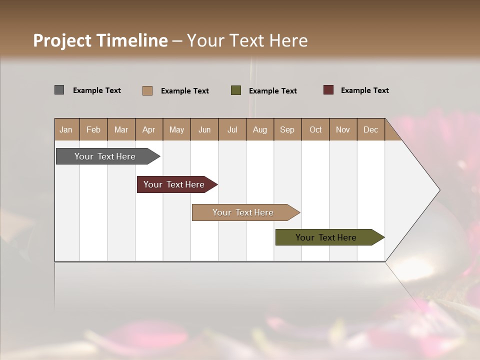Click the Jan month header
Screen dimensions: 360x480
66,129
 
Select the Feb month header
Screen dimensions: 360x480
93,129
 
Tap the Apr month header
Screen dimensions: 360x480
149,129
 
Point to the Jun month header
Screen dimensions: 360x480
204,129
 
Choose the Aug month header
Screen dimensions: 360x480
260,129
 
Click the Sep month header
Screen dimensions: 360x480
287,129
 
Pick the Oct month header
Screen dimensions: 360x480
315,129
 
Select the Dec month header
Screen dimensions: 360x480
371,129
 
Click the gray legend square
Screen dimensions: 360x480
59,90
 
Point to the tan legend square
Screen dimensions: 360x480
147,90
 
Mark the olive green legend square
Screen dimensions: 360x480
236,90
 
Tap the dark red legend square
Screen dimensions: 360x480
328,90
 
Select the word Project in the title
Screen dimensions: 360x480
62,40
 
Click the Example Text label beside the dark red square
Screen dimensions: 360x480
364,90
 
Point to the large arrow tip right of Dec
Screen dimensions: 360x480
420,190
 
